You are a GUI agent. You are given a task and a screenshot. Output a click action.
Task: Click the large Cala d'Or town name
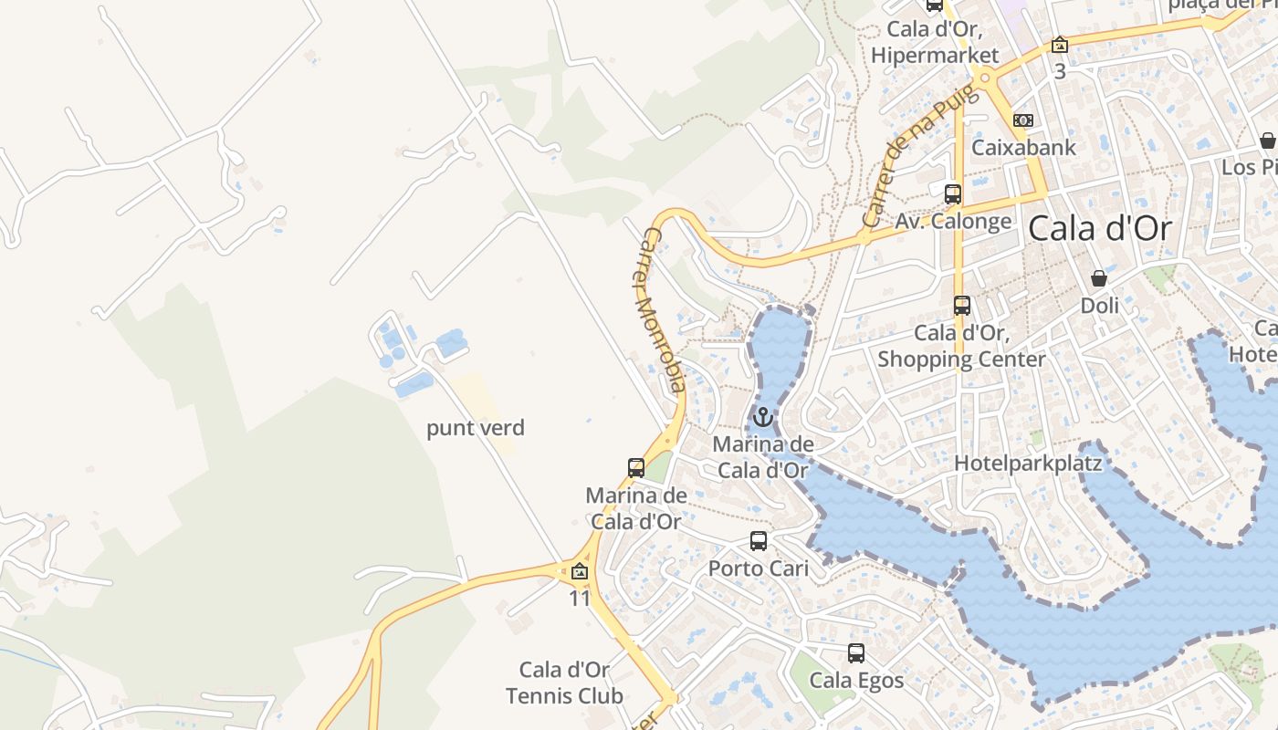coord(1099,228)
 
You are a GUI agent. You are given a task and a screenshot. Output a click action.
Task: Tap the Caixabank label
coord(1023,147)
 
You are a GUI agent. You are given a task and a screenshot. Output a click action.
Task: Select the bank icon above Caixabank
coord(1023,120)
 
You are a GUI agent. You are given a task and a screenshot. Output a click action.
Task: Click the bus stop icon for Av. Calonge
coord(952,193)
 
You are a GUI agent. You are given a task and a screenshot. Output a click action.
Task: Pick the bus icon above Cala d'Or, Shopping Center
coord(961,306)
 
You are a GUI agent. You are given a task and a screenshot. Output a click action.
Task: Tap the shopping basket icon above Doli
coord(1099,278)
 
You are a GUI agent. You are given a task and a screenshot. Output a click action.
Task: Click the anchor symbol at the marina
coord(762,418)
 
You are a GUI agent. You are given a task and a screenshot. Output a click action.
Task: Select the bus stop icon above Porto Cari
coord(759,541)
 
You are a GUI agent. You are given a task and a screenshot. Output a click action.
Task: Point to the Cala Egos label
coord(856,680)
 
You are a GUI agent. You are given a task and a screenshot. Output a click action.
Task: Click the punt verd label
coord(476,428)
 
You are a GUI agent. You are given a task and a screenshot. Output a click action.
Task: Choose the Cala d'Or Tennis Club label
coord(565,683)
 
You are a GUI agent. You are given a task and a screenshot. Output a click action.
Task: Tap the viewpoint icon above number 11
coord(579,572)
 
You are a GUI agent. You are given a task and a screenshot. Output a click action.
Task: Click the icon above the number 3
coord(1060,45)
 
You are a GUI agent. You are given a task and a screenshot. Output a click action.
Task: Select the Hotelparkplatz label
coord(1028,463)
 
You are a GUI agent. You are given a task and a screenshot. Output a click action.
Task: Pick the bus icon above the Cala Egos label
coord(855,653)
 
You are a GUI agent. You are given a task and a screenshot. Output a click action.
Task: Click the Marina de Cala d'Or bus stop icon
coord(636,468)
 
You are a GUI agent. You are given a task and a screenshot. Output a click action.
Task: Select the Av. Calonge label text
coord(953,221)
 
